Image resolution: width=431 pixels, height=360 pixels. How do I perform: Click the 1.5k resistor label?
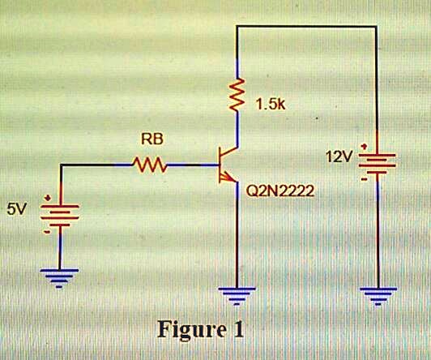pyautogui.click(x=271, y=105)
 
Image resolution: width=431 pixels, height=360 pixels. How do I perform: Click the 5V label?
pyautogui.click(x=16, y=209)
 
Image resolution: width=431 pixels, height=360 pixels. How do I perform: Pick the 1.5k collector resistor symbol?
pyautogui.click(x=237, y=96)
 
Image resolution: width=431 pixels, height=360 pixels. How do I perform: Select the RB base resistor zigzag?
pyautogui.click(x=151, y=165)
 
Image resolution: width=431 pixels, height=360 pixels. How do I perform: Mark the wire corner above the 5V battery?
pyautogui.click(x=62, y=165)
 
